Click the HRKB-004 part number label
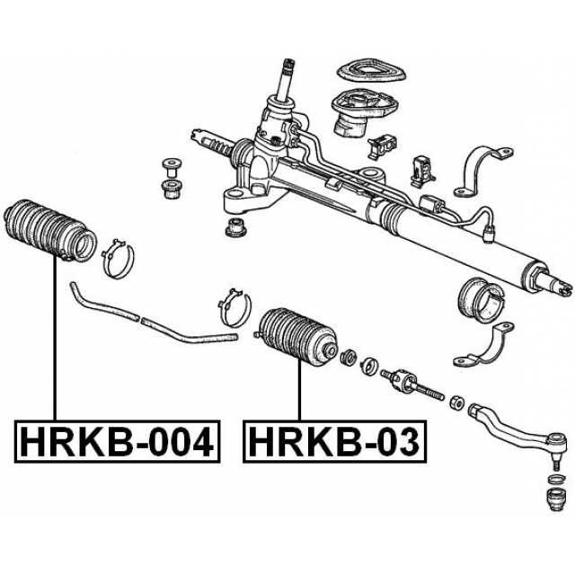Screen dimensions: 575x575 pyautogui.click(x=117, y=441)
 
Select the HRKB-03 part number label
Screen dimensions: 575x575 pyautogui.click(x=333, y=441)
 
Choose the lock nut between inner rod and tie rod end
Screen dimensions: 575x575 pyautogui.click(x=456, y=401)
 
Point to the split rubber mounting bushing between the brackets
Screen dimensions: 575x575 pyautogui.click(x=475, y=298)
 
